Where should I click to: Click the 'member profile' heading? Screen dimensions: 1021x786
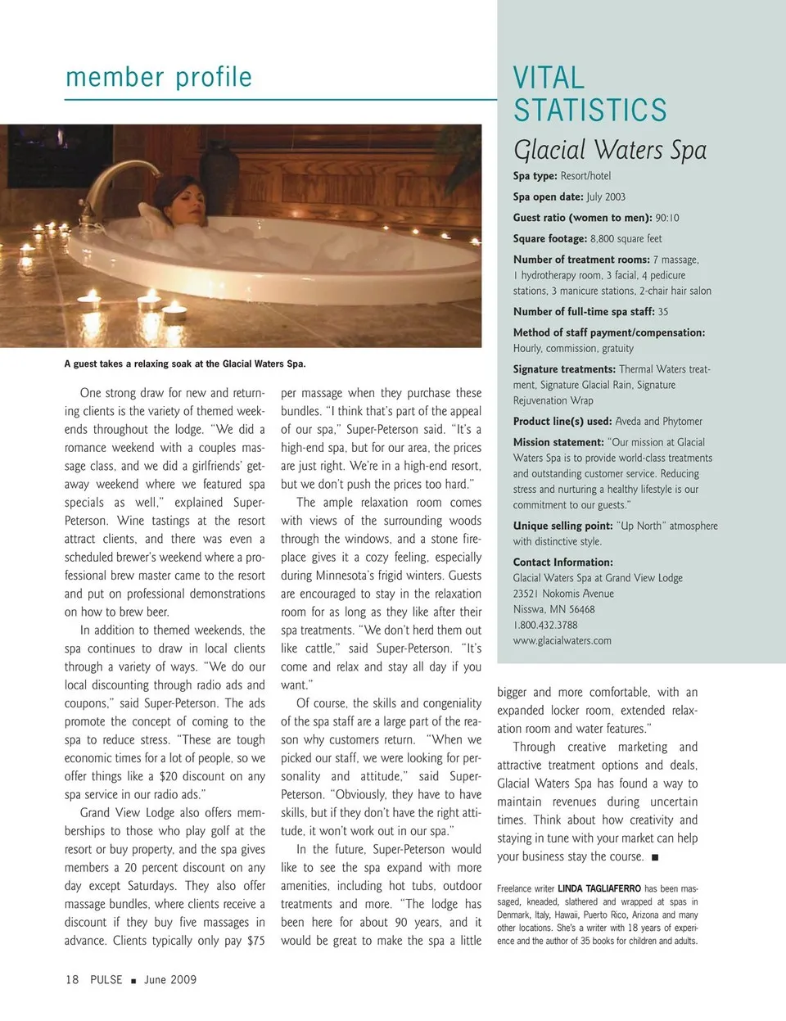click(x=158, y=78)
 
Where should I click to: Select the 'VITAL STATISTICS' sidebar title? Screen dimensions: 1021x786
click(x=589, y=94)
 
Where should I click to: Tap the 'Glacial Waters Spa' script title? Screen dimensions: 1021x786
click(x=609, y=150)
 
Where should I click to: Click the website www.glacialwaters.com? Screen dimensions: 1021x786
click(x=562, y=641)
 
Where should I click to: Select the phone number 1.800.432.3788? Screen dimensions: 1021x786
click(x=545, y=626)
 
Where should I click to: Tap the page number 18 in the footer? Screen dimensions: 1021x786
click(x=72, y=979)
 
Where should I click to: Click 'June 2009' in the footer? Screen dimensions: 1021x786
click(x=170, y=979)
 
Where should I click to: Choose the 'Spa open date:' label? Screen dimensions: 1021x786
click(x=549, y=197)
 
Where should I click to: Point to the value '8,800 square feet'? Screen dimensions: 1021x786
click(x=626, y=239)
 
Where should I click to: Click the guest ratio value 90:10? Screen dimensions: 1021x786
click(x=666, y=218)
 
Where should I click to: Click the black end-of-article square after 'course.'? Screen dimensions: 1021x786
click(x=655, y=857)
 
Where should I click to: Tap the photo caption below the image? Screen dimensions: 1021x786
click(x=184, y=364)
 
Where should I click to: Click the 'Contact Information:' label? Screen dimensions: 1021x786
click(x=562, y=562)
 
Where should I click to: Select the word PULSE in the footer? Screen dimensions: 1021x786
click(x=106, y=979)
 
